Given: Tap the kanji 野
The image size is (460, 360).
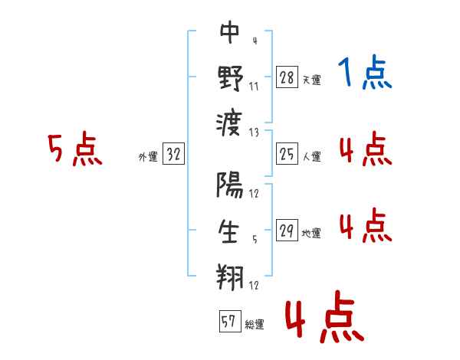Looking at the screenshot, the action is tap(230, 77).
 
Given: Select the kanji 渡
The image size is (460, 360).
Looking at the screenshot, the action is tap(230, 121).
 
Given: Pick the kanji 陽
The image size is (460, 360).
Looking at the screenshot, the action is tap(230, 186).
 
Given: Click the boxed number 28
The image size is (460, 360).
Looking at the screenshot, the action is tap(287, 77).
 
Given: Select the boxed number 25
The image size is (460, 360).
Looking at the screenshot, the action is tap(287, 155).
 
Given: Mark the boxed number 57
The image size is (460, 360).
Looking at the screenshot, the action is tap(228, 322).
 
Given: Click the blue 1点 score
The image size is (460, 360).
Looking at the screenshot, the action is tap(364, 74).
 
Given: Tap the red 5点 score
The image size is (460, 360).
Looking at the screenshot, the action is tap(74, 149).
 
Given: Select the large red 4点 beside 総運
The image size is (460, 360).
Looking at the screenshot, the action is tap(325, 319).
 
